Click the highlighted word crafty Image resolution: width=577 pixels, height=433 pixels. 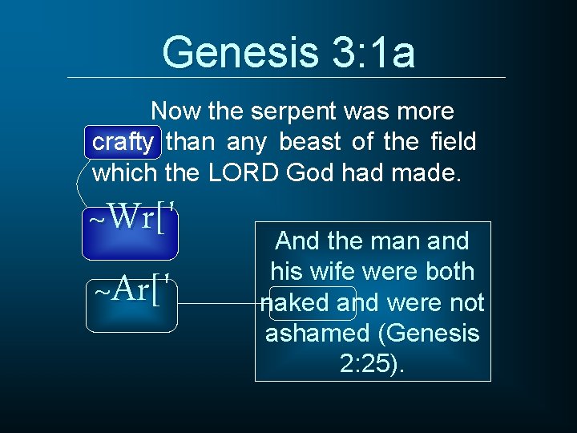(x=123, y=143)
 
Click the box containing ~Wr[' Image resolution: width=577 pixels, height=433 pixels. (x=131, y=229)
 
